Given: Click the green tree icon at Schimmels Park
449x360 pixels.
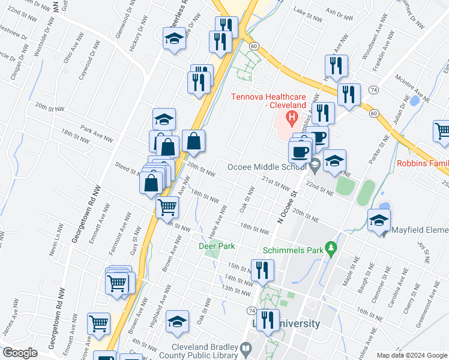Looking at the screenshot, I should (330, 248).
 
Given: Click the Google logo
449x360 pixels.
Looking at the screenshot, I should (20, 353).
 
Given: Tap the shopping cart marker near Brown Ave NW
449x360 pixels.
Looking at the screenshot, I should (166, 208).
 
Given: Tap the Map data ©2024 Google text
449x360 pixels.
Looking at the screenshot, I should (412, 355).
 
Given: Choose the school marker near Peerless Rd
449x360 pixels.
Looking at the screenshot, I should (174, 39).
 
